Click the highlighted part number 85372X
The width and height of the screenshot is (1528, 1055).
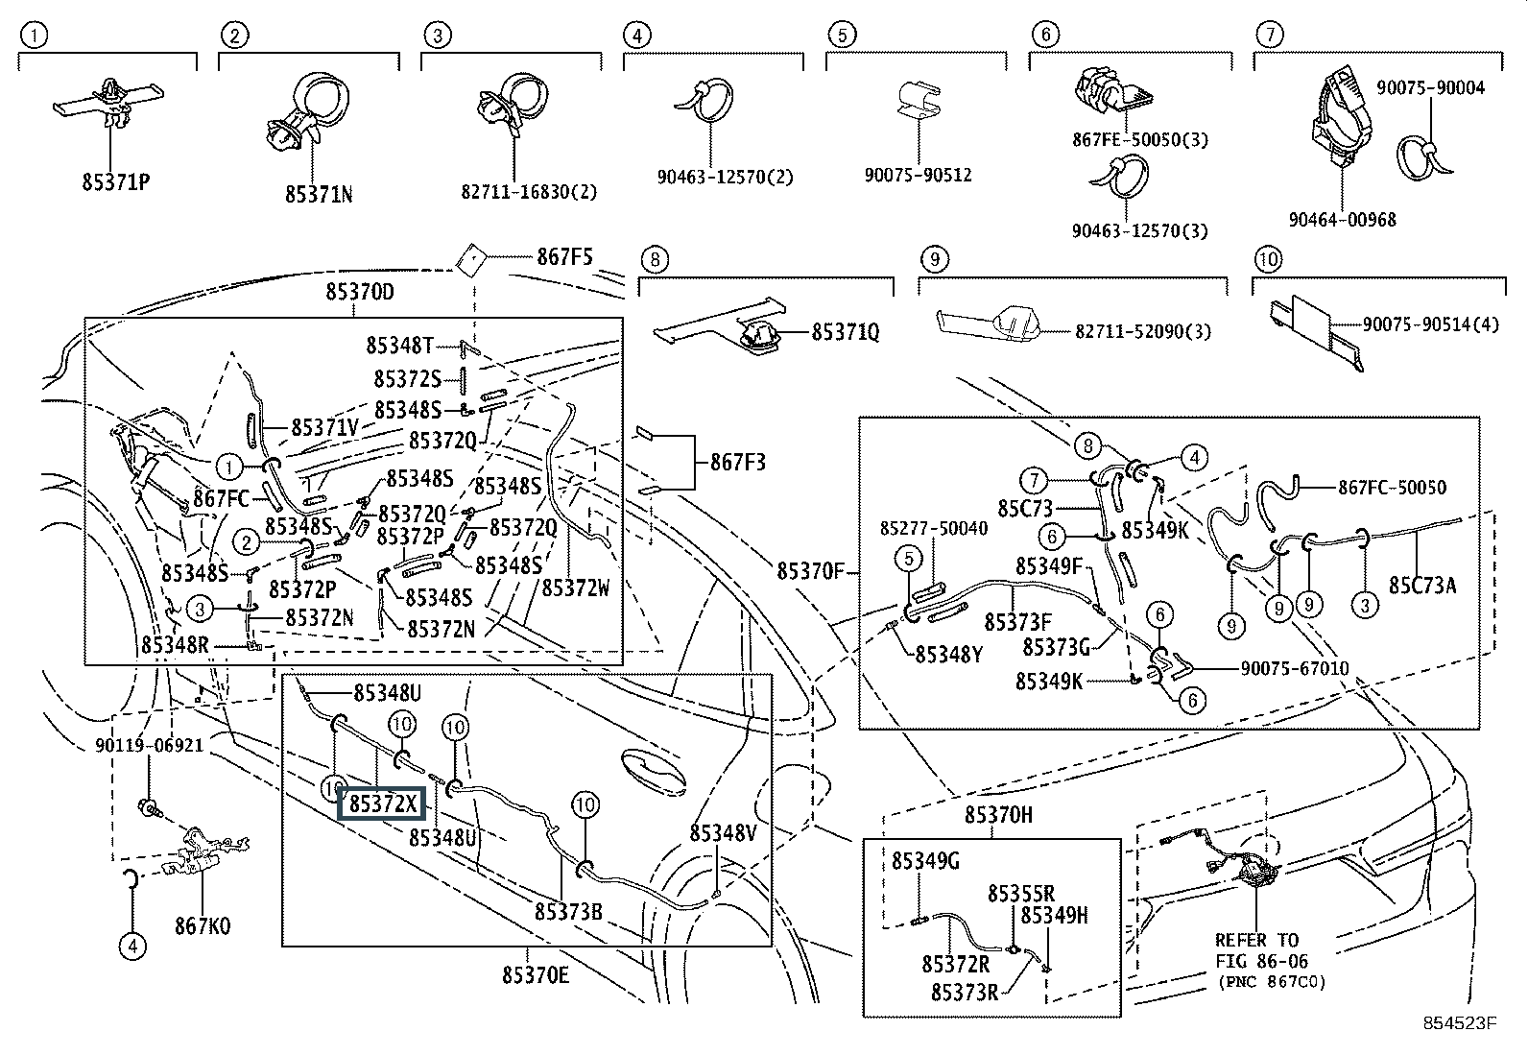click(383, 803)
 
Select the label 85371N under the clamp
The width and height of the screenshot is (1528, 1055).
click(319, 193)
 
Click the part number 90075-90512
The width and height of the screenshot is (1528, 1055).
click(918, 175)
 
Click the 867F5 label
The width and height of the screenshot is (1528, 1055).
click(564, 257)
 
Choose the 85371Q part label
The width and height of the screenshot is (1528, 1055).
click(845, 332)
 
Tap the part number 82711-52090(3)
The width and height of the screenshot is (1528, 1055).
click(1142, 331)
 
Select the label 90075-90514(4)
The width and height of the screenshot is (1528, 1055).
click(1429, 324)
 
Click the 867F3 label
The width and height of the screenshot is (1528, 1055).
click(737, 463)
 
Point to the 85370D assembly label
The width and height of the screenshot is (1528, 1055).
click(359, 292)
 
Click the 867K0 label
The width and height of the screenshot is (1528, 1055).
click(203, 926)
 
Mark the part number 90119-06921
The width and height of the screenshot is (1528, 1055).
click(149, 745)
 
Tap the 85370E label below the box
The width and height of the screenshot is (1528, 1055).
click(536, 975)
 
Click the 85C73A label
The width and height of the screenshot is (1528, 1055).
click(1422, 585)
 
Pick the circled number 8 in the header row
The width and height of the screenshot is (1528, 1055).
click(654, 259)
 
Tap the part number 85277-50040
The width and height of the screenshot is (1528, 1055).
click(933, 529)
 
